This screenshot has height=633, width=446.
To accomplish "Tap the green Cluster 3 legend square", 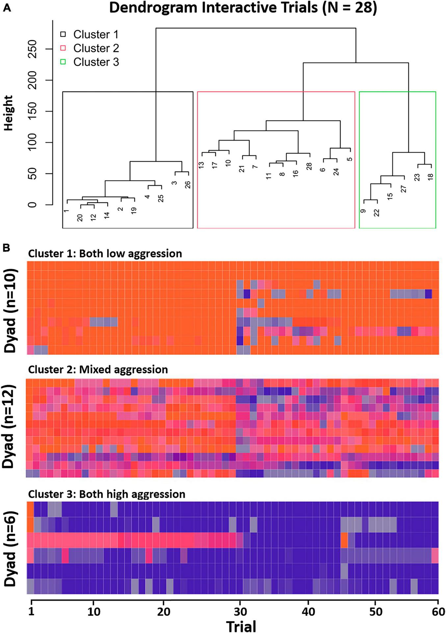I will click(63, 62).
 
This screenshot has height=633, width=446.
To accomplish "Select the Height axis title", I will click(8, 113).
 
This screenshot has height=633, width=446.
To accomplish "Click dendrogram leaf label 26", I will click(188, 185).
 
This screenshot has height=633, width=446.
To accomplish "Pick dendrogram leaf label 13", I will click(201, 165).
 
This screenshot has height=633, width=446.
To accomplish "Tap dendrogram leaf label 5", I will click(350, 159).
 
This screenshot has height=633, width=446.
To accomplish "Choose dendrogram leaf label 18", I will click(431, 177).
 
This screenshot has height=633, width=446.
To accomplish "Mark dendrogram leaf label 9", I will click(363, 211).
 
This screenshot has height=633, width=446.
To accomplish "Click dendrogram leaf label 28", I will click(309, 166).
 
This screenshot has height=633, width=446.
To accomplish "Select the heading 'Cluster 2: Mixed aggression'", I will click(98, 369).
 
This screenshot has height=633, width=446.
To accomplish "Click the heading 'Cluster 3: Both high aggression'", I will click(107, 494).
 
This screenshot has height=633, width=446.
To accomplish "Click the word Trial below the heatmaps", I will click(241, 626).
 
